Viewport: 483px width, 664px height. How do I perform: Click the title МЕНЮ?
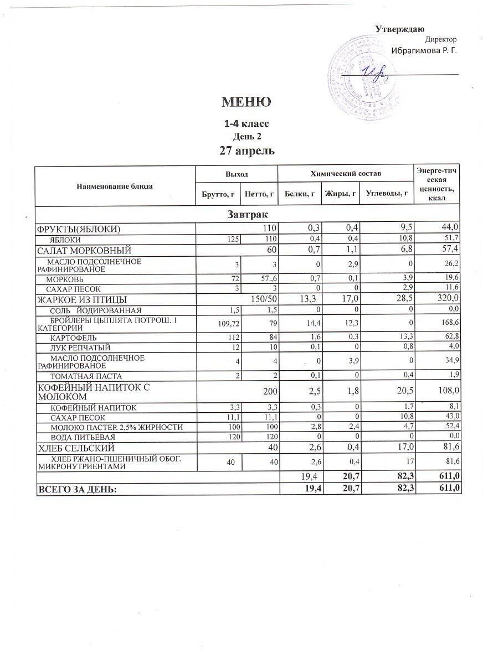[x=246, y=102]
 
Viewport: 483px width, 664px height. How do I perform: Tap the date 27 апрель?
[x=247, y=150]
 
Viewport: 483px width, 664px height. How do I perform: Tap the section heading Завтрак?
[x=247, y=214]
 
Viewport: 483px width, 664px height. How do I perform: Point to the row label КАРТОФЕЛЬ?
[x=74, y=337]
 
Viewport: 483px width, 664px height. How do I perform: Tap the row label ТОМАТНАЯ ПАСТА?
[x=81, y=376]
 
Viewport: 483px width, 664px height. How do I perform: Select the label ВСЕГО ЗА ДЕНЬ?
[x=77, y=488]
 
